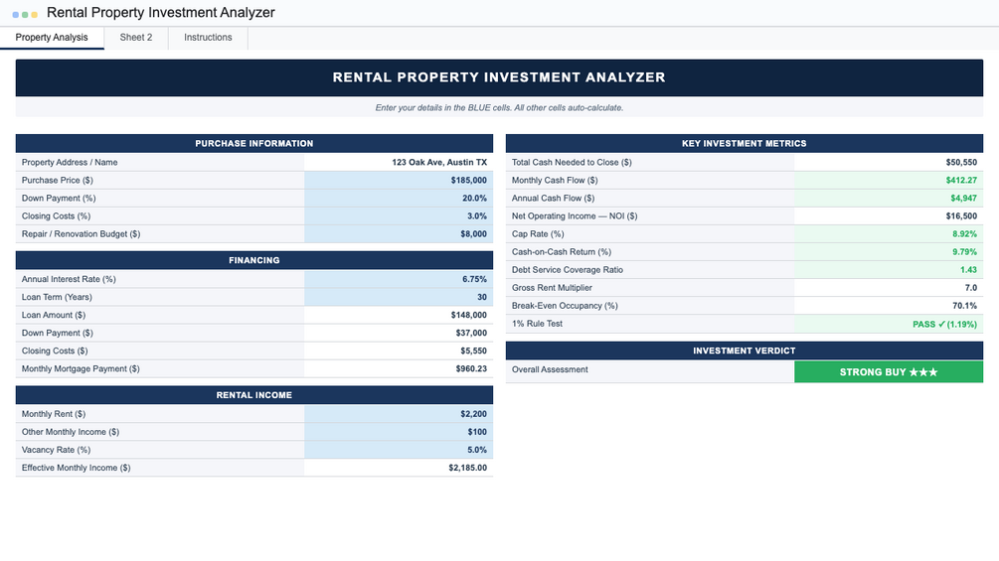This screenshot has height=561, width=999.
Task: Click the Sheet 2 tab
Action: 136,38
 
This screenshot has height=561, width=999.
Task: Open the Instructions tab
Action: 208,38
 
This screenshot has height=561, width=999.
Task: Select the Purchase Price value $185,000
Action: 468,181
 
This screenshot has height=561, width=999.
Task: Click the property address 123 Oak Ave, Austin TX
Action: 439,163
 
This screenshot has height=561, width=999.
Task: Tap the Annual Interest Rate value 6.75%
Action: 474,280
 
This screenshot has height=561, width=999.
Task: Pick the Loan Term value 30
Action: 482,298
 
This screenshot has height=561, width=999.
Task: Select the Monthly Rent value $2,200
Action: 473,414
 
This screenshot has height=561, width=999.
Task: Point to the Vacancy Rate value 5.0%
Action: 476,450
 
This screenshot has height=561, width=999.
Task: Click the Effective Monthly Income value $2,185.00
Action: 467,468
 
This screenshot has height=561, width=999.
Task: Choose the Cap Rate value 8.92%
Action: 964,234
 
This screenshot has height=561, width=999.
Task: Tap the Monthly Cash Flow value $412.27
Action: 960,181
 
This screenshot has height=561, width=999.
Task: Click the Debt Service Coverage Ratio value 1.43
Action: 968,270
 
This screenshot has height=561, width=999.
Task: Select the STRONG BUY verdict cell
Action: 889,372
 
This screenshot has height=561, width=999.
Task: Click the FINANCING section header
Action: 254,261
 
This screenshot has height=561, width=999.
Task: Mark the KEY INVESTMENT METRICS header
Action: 745,144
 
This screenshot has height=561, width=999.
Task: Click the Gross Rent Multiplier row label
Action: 552,288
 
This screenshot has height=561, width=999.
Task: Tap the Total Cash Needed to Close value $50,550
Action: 960,163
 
